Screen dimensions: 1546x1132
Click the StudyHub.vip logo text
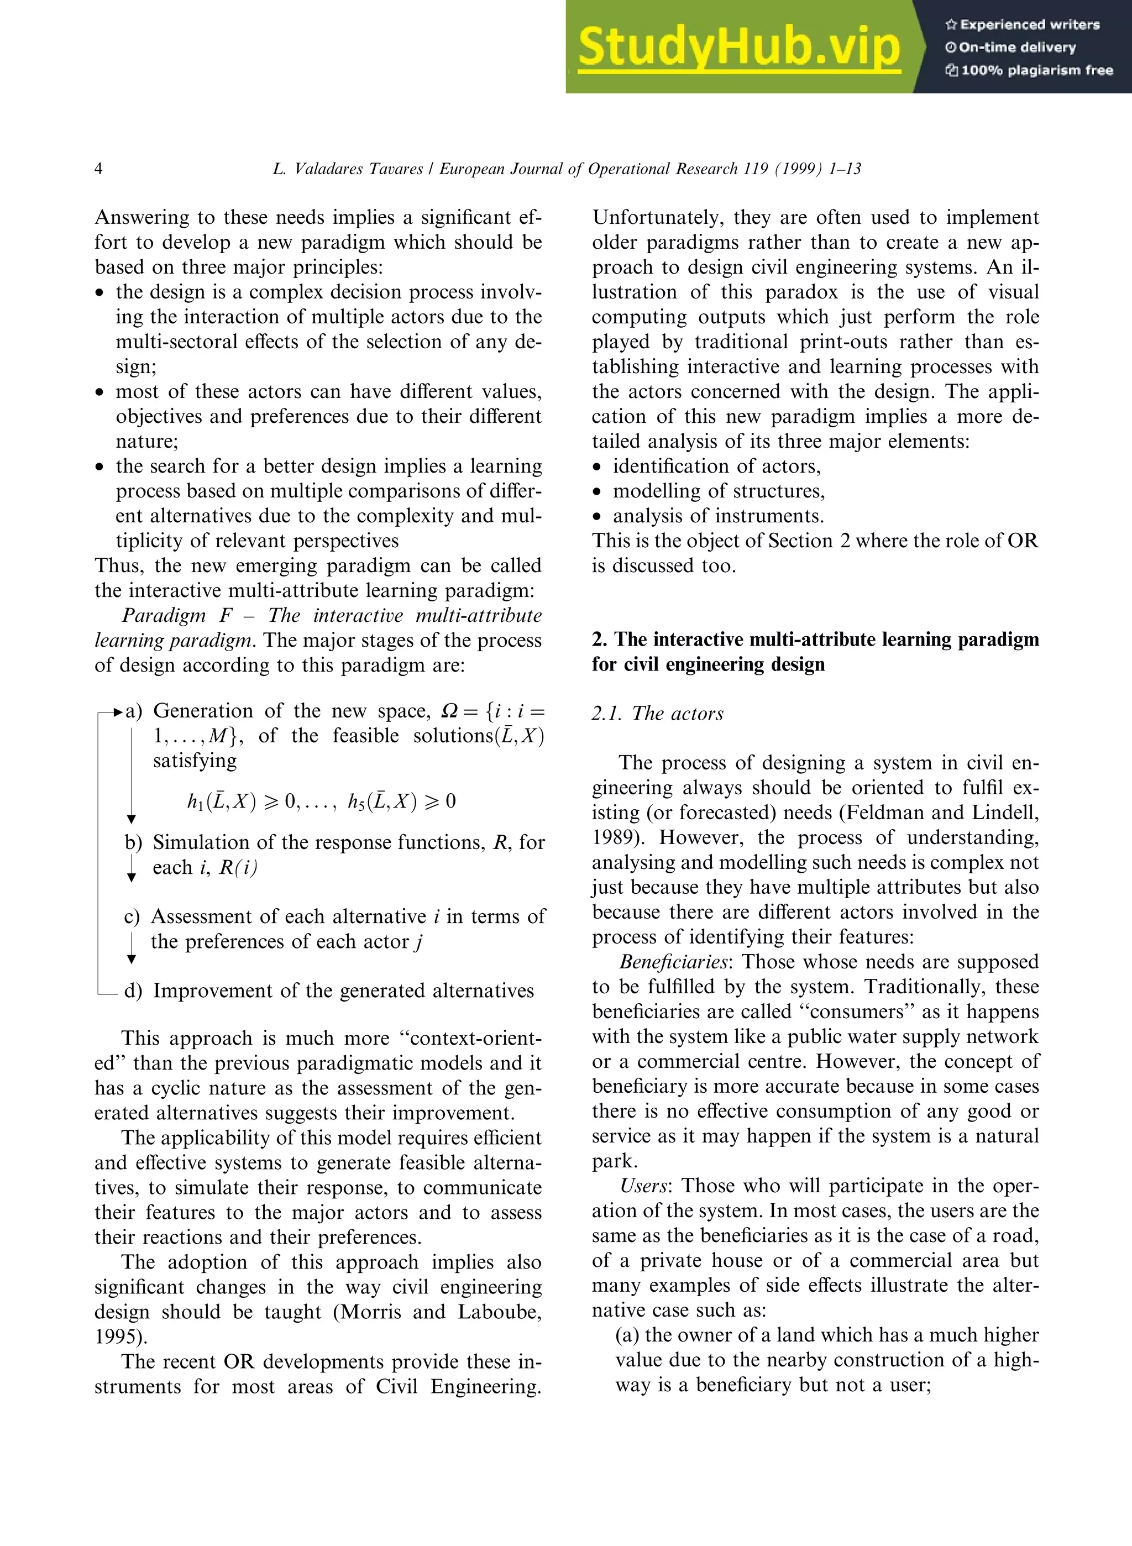(x=738, y=46)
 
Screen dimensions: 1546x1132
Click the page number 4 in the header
(x=99, y=169)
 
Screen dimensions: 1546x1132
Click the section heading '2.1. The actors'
(x=657, y=714)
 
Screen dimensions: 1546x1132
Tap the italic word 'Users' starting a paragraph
(x=643, y=1185)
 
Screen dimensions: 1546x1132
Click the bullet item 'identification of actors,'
(x=716, y=466)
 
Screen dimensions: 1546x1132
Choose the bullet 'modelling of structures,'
(x=718, y=491)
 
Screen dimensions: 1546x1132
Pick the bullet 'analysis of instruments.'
(x=718, y=515)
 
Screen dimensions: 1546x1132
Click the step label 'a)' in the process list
(x=134, y=711)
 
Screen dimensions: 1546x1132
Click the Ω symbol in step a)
(x=449, y=711)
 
